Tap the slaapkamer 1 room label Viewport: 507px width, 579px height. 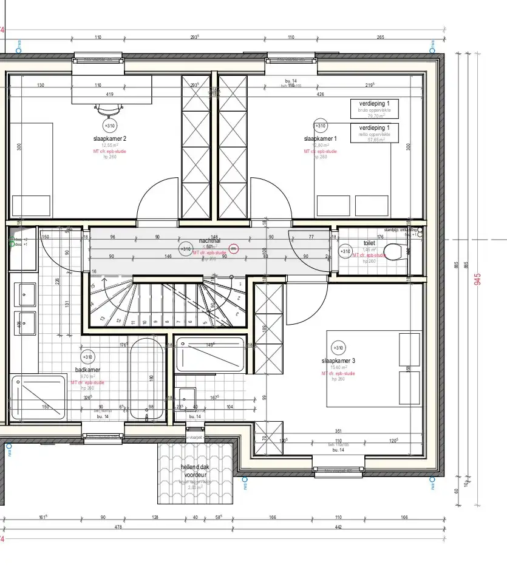click(x=321, y=138)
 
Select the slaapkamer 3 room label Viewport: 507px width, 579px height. click(x=338, y=361)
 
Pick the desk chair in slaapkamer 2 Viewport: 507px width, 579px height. click(x=109, y=109)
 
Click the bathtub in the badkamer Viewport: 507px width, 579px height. click(x=146, y=379)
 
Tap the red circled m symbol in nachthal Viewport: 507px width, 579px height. click(x=233, y=248)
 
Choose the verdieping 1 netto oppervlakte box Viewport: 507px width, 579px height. click(x=375, y=132)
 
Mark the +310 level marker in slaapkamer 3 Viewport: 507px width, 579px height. click(x=338, y=347)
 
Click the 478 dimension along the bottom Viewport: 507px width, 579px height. click(x=118, y=527)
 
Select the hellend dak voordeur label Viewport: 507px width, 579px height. click(x=196, y=471)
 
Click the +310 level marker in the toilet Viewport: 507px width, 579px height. click(x=345, y=251)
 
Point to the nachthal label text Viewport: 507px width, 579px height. click(x=208, y=240)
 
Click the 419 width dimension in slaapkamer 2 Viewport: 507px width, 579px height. click(x=110, y=94)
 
